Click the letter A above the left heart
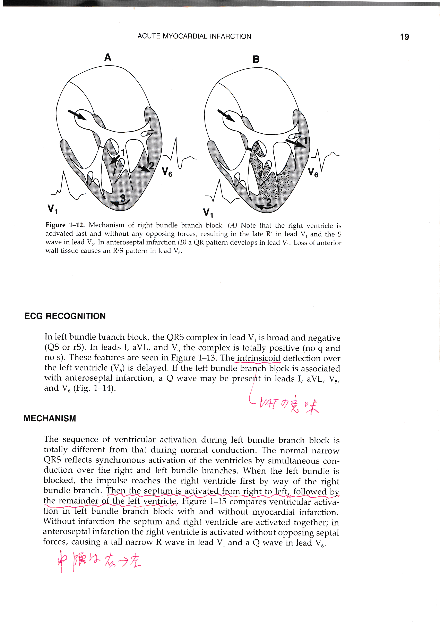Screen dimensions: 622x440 click(108, 57)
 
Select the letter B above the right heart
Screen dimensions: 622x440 click(256, 59)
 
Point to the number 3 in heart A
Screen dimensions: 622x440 click(123, 198)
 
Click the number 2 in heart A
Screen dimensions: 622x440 click(151, 165)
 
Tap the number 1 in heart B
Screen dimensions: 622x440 click(305, 141)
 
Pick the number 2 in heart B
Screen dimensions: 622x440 click(269, 202)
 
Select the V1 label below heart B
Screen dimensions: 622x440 click(208, 212)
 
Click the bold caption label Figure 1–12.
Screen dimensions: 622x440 click(65, 225)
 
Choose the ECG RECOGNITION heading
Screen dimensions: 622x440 click(65, 316)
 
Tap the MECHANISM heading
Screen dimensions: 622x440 click(50, 418)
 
